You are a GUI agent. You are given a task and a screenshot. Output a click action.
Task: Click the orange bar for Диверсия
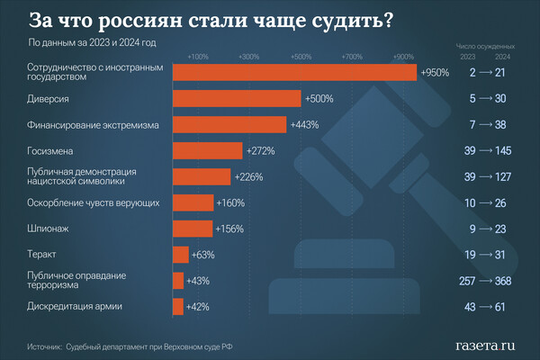[x=237, y=99]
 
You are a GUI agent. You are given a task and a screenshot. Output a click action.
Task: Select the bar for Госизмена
[x=206, y=151]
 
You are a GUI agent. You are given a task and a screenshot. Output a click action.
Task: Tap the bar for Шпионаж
[x=191, y=229]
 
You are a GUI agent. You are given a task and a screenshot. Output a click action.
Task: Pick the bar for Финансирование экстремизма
[x=229, y=125]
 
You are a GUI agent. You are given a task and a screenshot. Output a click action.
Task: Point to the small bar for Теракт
[x=179, y=255]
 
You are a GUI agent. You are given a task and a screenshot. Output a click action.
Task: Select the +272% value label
[x=259, y=151]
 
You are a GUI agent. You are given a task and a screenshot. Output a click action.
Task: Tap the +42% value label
[x=198, y=307]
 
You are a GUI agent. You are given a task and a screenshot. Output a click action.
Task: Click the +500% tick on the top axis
[x=301, y=57]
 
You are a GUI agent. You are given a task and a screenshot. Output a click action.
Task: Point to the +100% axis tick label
[x=198, y=57]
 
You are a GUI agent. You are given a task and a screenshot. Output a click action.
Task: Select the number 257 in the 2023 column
[x=466, y=282]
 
